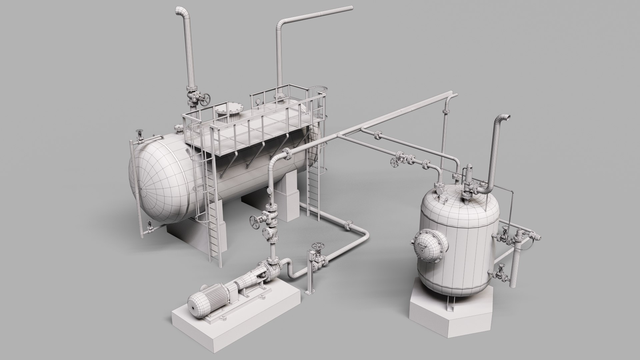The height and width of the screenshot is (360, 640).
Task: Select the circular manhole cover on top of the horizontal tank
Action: pos(229,110)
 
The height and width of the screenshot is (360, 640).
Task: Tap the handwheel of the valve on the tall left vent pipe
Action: pos(206,99)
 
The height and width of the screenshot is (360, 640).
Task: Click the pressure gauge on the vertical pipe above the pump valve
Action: pos(269,191)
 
